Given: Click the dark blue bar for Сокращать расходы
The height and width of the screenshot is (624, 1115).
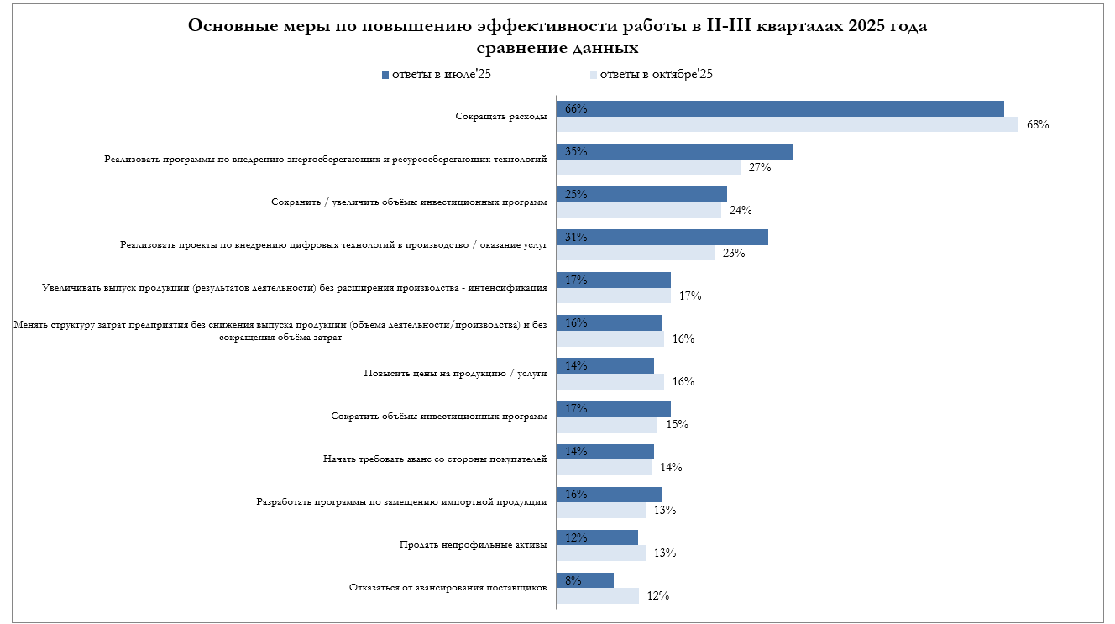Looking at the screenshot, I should click(x=781, y=108).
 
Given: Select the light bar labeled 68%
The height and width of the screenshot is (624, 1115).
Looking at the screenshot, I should click(x=788, y=124).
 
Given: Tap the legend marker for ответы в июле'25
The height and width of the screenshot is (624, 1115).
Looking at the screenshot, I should click(x=385, y=75).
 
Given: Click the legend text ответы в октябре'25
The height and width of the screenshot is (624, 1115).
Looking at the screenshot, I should click(x=656, y=75).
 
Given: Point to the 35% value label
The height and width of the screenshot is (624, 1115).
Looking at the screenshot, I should click(x=576, y=152).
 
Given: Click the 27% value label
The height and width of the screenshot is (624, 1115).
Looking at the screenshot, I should click(x=760, y=167).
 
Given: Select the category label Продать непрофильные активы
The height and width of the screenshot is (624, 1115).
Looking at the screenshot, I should click(x=474, y=544).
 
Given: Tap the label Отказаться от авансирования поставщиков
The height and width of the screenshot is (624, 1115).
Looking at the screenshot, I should click(x=448, y=587).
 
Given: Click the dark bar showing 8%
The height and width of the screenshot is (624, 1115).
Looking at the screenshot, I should click(x=585, y=579).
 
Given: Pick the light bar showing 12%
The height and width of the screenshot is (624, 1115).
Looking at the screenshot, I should click(x=598, y=595).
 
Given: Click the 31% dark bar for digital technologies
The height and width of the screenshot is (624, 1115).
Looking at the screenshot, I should click(x=662, y=237).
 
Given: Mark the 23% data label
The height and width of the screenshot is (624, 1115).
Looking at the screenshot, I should click(x=734, y=253).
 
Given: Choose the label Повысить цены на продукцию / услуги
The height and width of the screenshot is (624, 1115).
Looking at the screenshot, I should click(x=456, y=373).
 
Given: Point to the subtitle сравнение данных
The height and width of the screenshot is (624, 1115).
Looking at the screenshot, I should click(x=557, y=48).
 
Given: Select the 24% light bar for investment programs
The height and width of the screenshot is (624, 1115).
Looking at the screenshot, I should click(x=639, y=210).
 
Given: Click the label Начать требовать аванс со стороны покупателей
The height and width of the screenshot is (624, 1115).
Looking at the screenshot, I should click(x=435, y=459).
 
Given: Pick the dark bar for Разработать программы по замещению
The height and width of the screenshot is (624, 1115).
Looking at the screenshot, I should click(x=610, y=494).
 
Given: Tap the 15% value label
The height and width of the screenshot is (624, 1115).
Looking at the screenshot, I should click(x=677, y=424).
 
